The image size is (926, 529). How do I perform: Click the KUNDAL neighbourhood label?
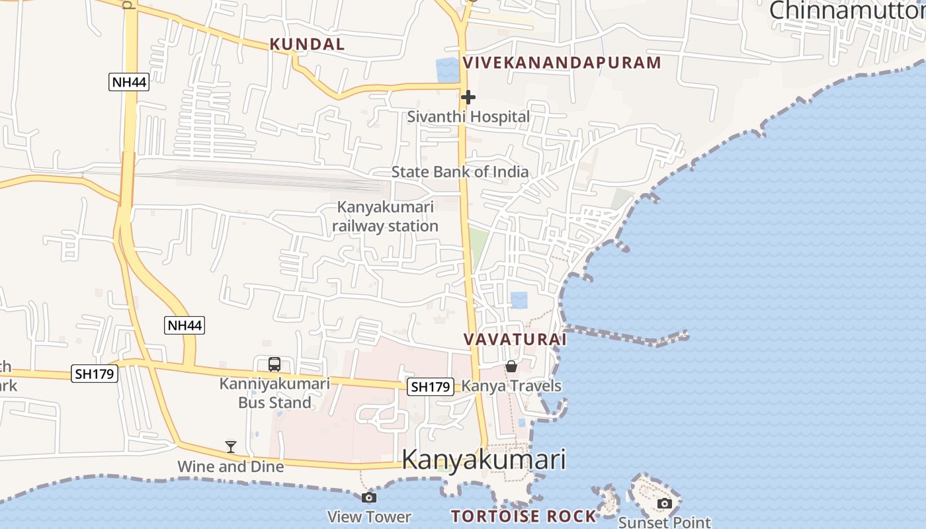[x=307, y=44]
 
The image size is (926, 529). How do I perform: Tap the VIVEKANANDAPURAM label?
[x=562, y=63]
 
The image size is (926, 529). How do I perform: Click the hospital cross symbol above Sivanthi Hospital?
[x=468, y=97]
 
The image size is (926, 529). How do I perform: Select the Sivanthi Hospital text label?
[x=468, y=117]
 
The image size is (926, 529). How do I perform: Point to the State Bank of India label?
[x=460, y=172]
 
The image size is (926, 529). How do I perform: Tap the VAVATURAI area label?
[x=515, y=339]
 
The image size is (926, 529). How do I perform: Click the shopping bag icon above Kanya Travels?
[x=511, y=366]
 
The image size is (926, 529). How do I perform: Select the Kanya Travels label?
[x=511, y=386]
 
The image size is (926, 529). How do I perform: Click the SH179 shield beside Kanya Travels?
[x=430, y=387]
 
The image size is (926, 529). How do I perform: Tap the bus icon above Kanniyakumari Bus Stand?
[x=274, y=364]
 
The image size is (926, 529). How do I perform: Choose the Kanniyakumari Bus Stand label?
[x=274, y=393]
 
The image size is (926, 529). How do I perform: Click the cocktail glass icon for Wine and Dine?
[x=230, y=447]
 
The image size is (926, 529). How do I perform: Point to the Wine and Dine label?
[x=230, y=467]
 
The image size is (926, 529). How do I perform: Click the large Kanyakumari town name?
[x=484, y=460]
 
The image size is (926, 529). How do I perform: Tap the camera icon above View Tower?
[x=369, y=497]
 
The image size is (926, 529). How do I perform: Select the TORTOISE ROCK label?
[x=523, y=516]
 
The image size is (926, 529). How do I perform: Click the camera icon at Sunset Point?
[x=665, y=503]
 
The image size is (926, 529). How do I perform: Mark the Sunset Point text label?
[x=665, y=522]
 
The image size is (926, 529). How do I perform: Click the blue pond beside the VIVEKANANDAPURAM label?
[x=448, y=70]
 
